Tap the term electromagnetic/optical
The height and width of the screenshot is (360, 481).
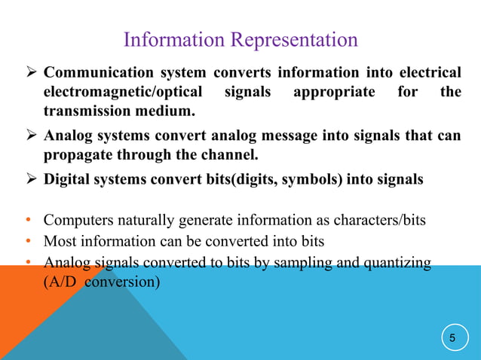point(122,93)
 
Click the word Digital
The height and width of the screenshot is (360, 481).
point(66,181)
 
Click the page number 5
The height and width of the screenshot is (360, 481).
point(452,338)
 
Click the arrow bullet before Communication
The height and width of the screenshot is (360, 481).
point(31,73)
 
